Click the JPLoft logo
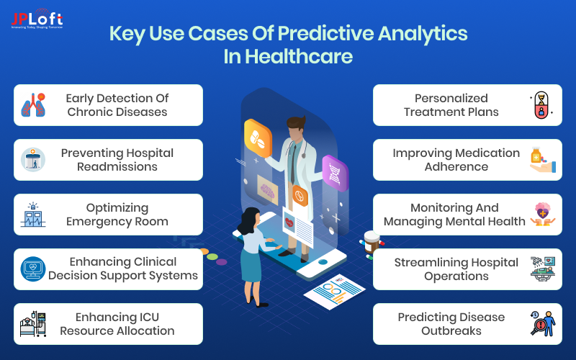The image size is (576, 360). click(36, 19)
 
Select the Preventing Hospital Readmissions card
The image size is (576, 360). click(108, 160)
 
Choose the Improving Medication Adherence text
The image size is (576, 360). click(456, 160)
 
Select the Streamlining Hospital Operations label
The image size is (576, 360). click(456, 269)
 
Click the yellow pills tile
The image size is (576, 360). click(257, 136)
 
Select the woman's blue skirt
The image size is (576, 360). click(251, 266)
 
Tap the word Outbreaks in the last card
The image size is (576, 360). click(451, 330)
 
